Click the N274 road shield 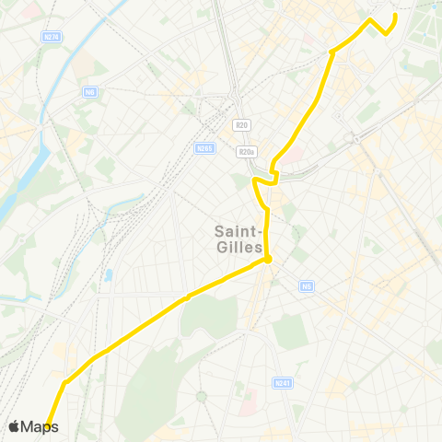pyautogui.click(x=52, y=37)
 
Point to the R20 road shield pyautogui.click(x=243, y=125)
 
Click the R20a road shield pyautogui.click(x=245, y=152)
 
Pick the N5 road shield pyautogui.click(x=306, y=286)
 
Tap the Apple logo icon pyautogui.click(x=14, y=426)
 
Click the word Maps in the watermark pyautogui.click(x=40, y=426)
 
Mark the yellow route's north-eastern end pyautogui.click(x=395, y=16)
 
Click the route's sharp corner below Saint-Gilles pyautogui.click(x=267, y=261)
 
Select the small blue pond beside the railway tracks pyautogui.click(x=109, y=275)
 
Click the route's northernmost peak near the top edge pyautogui.click(x=370, y=19)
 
